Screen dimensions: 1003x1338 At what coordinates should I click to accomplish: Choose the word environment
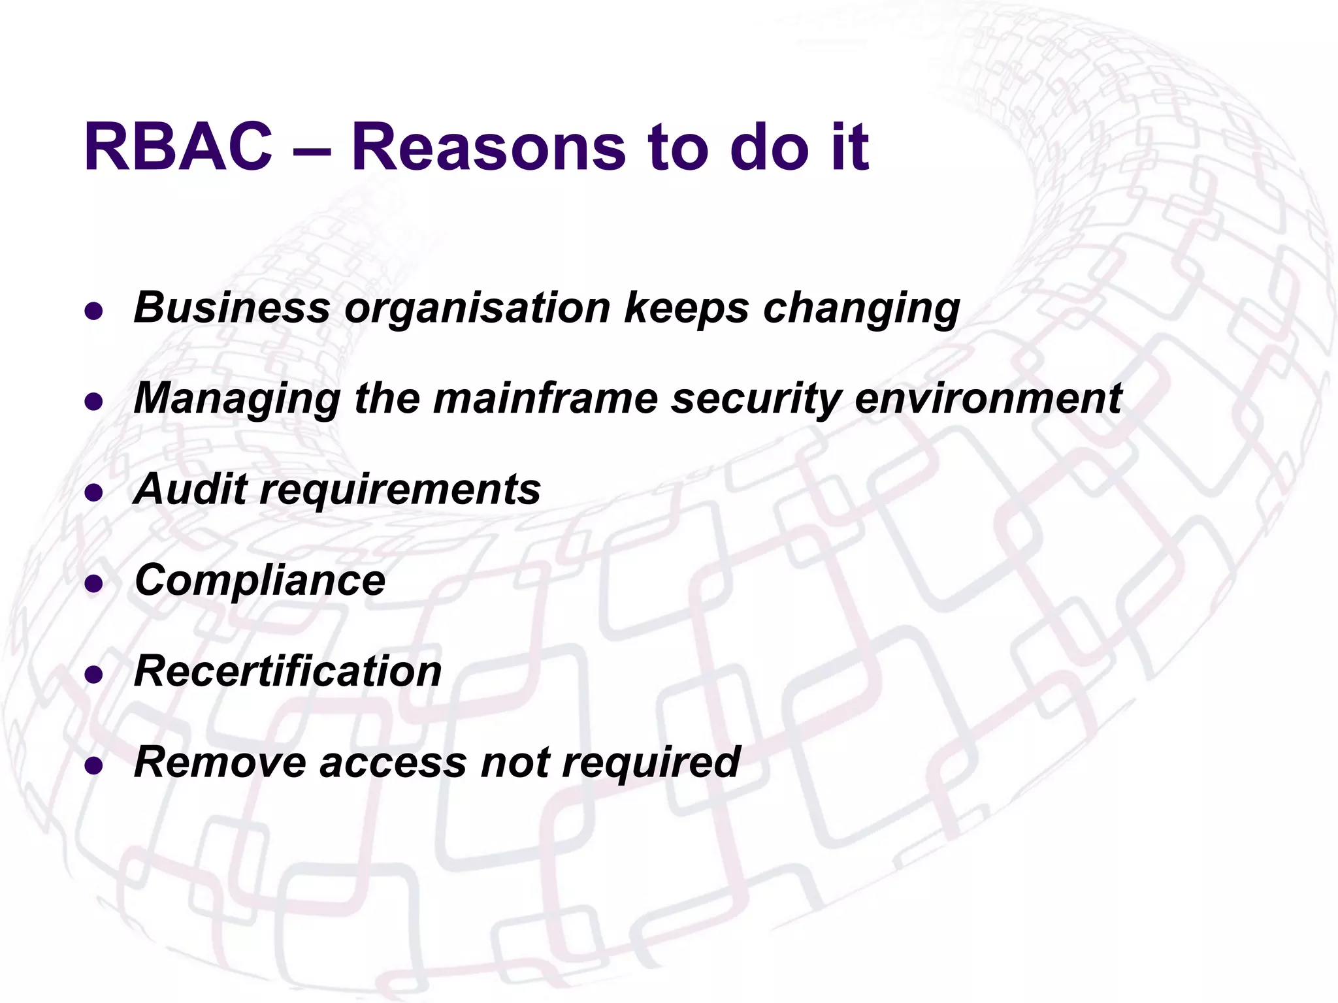988,398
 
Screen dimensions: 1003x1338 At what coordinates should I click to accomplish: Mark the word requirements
400,490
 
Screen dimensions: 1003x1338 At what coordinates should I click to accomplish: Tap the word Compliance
260,581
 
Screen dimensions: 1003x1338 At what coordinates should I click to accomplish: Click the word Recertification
288,671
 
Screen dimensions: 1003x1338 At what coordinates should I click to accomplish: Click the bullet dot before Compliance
94,583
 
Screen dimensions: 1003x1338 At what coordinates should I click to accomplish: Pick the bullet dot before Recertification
94,674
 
